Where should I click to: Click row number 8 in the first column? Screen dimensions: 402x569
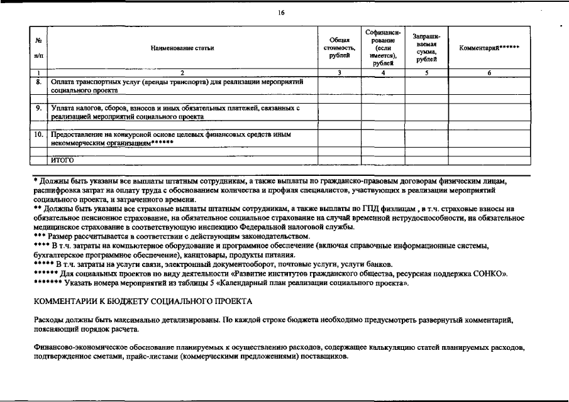39,82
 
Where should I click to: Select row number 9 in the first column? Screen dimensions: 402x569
39,108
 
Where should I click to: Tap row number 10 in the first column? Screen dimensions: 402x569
39,134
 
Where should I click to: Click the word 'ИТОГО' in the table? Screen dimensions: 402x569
64,160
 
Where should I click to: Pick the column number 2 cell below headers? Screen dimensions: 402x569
182,73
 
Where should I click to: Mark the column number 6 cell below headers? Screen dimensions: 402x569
489,73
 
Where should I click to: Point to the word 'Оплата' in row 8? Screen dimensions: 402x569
63,82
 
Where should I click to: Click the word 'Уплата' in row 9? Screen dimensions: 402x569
63,108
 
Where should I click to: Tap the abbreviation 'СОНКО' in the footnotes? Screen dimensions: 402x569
494,274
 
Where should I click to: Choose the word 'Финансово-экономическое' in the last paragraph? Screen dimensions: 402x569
79,347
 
